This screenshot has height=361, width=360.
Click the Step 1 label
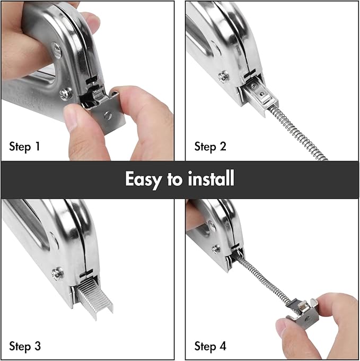25,146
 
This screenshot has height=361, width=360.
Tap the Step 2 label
210,146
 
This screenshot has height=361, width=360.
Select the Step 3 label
25,347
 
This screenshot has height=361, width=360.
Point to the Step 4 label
210,347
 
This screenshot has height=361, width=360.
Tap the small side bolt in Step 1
66,94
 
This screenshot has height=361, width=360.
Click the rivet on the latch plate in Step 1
108,115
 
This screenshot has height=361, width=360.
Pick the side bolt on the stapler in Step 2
224,76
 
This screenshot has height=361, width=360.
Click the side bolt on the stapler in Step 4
216,248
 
